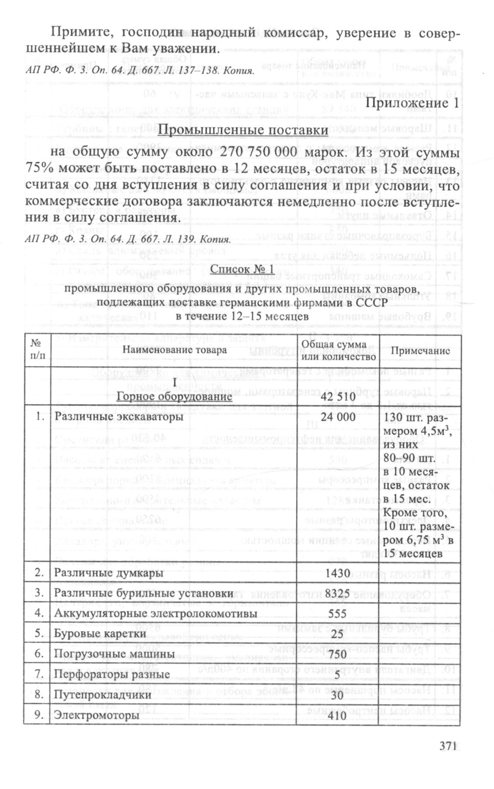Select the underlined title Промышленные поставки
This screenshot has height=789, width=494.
pos(243,130)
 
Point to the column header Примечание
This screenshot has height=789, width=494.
pos(420,351)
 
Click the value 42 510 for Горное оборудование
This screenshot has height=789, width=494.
pos(338,396)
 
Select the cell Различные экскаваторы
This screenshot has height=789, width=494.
pos(119,417)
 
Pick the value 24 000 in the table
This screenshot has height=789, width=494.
pos(338,417)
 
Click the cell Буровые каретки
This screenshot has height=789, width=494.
pos(100,634)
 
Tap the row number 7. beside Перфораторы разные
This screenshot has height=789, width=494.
pos(40,674)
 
